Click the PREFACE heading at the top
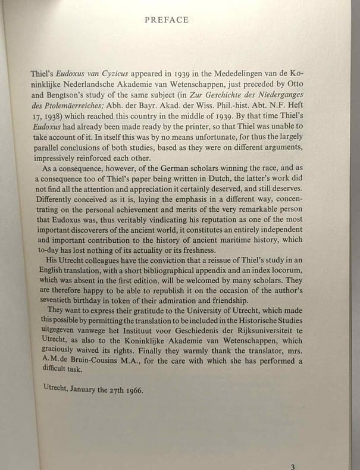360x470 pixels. coord(166,20)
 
